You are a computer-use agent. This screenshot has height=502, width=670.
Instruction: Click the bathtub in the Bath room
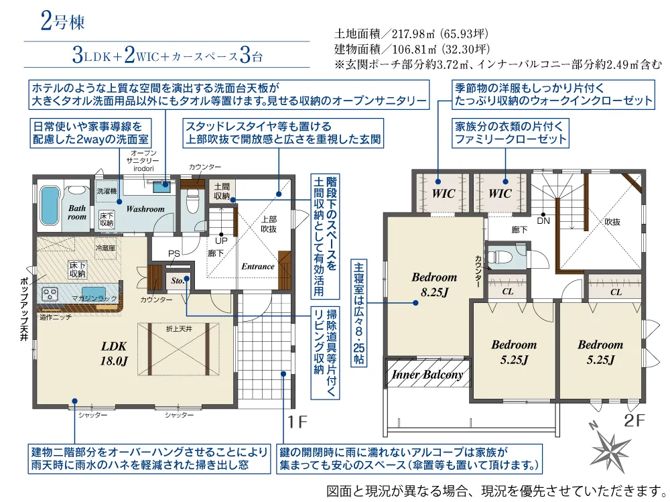(50, 205)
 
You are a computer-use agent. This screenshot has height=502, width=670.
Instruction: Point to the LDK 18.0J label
(115, 353)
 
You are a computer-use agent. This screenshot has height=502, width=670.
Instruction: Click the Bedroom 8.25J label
(434, 284)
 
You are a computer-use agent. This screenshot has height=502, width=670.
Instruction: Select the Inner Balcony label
(427, 375)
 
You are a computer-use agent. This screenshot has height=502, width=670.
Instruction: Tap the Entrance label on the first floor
(258, 266)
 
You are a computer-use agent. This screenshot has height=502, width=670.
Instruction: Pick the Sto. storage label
(178, 280)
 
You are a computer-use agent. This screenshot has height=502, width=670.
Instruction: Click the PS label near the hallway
(174, 253)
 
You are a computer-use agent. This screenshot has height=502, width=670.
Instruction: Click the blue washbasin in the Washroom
(161, 187)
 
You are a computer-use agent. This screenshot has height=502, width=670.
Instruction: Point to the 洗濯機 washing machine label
(107, 191)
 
